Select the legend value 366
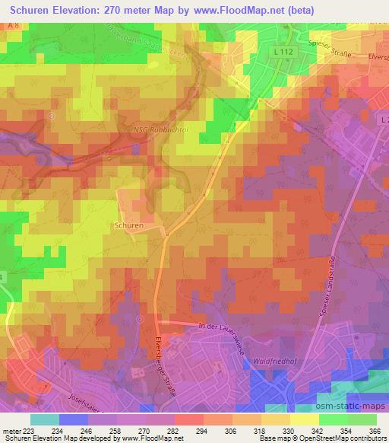[x=375, y=430]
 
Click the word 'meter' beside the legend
[x=11, y=430]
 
